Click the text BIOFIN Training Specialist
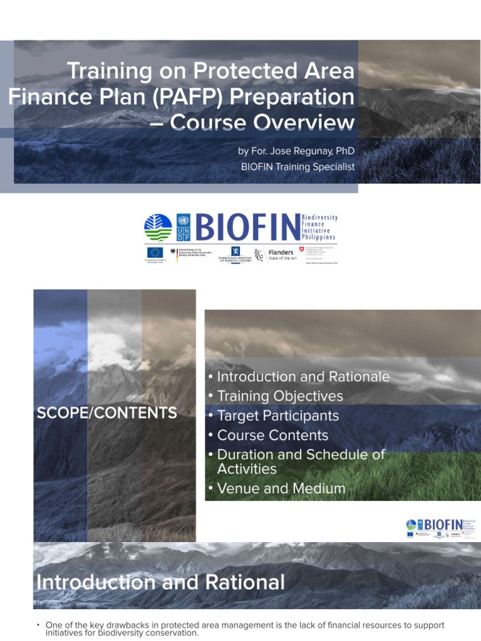click(x=297, y=167)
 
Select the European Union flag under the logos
click(x=155, y=253)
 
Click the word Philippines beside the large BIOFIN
click(x=319, y=238)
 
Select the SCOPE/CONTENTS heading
click(x=106, y=413)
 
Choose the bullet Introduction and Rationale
click(x=303, y=377)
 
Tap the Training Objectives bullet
click(x=279, y=396)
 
